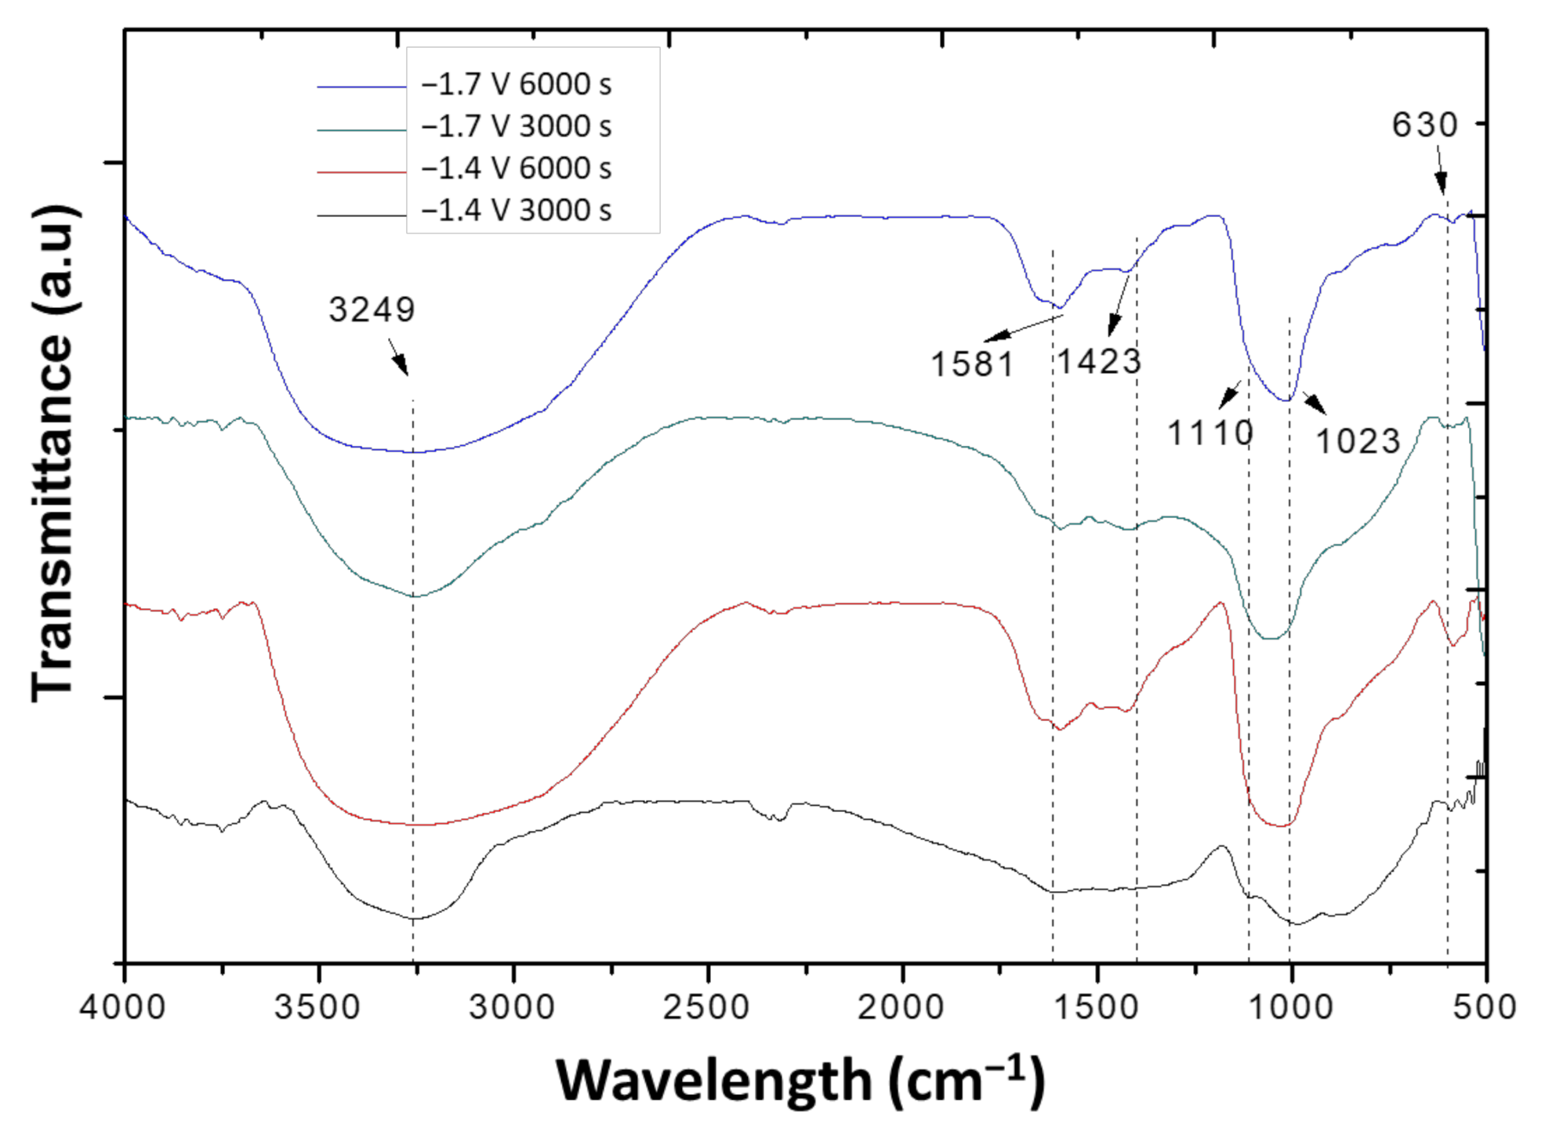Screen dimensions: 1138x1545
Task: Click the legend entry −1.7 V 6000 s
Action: point(516,85)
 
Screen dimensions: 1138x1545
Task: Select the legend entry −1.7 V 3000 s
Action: point(516,126)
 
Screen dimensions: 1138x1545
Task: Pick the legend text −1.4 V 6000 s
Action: point(516,169)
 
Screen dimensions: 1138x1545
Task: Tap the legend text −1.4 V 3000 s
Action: point(516,211)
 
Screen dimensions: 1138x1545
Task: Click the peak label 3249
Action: point(372,310)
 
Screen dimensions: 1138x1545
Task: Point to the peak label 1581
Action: point(972,364)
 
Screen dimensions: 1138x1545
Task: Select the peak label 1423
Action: point(1099,361)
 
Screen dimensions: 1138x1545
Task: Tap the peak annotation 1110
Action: point(1210,433)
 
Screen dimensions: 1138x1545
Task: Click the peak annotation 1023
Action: point(1358,441)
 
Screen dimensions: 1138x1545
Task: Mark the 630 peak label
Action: point(1424,125)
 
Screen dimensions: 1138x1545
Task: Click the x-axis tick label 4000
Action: point(123,1007)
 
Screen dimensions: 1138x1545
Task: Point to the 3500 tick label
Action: point(317,1007)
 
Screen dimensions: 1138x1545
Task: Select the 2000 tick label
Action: point(901,1007)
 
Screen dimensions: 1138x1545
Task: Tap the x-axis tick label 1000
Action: point(1290,1007)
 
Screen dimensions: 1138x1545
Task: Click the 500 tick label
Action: point(1484,1007)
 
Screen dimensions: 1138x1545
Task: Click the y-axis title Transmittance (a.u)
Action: point(53,455)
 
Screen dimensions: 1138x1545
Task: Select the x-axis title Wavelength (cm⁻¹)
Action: point(800,1082)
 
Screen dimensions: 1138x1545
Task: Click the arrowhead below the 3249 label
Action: point(401,365)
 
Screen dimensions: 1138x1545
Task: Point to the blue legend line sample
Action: point(361,87)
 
